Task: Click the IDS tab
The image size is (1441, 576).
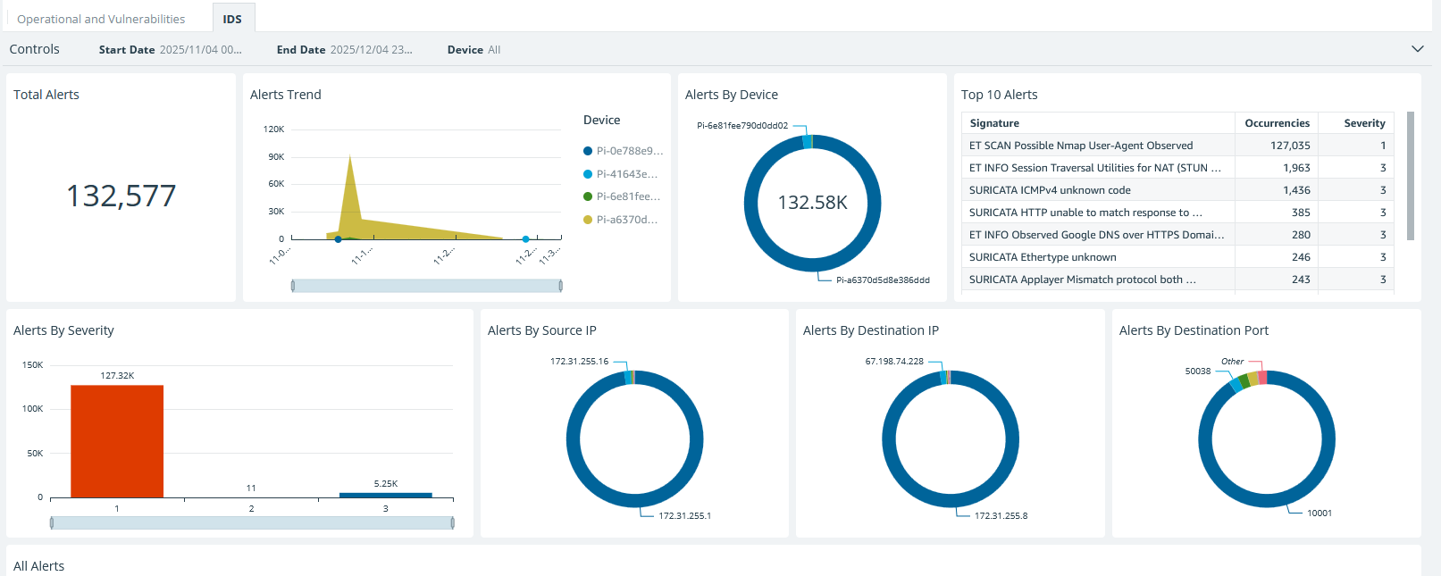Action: click(232, 19)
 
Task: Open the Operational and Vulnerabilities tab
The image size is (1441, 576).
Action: click(101, 19)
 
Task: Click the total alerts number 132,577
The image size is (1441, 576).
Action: click(121, 196)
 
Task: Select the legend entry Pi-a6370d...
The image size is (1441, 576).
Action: click(626, 219)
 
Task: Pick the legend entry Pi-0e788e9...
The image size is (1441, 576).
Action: click(629, 151)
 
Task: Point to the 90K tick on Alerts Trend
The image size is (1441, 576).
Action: click(276, 156)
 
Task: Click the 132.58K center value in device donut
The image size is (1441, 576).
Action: click(812, 203)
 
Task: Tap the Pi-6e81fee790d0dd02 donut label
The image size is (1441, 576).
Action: click(742, 126)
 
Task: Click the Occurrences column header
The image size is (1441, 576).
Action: click(1277, 123)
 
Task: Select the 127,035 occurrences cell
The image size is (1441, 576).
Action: click(1290, 146)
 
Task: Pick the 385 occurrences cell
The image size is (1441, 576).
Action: click(1301, 213)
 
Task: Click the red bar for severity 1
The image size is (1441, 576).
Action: click(117, 441)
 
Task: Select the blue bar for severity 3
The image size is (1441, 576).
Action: click(385, 495)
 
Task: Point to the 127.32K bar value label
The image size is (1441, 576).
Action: click(117, 376)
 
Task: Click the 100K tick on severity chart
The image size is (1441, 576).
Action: click(33, 408)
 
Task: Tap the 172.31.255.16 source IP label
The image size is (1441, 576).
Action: click(579, 362)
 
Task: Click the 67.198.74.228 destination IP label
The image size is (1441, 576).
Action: click(894, 362)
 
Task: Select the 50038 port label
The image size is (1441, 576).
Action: click(1197, 371)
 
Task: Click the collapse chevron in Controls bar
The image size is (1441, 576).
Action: click(1417, 49)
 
